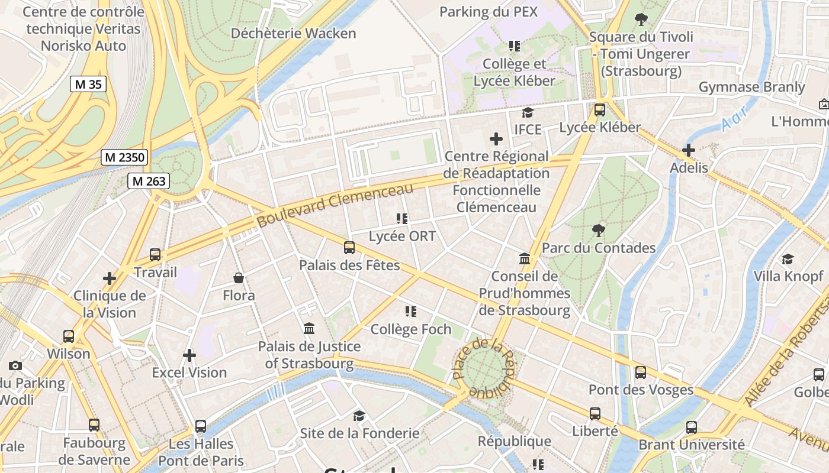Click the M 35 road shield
[88, 84]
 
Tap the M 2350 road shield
[124, 157]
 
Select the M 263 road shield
[149, 181]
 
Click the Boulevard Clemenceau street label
[335, 205]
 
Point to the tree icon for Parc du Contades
[599, 230]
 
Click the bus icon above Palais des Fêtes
[349, 248]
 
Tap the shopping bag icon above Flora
[239, 277]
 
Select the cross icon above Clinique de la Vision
[110, 278]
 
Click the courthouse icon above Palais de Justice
[309, 328]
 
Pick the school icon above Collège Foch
[411, 311]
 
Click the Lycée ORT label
[402, 237]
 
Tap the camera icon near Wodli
[15, 365]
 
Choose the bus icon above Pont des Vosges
[641, 372]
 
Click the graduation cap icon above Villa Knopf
[788, 259]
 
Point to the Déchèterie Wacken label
[293, 33]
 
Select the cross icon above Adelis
[689, 150]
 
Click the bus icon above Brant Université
[691, 427]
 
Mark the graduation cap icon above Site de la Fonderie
[359, 416]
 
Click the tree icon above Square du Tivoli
[641, 19]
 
